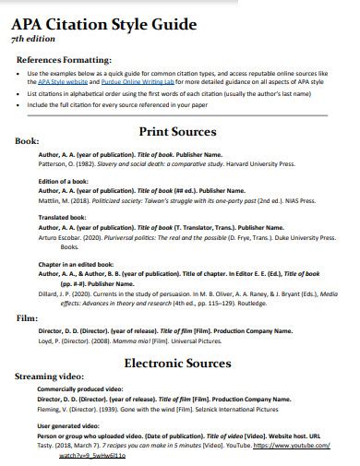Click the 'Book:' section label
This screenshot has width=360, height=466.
click(29, 142)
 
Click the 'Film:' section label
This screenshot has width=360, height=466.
click(27, 317)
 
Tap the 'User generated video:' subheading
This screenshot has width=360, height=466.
click(69, 425)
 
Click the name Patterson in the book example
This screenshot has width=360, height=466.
click(53, 164)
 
